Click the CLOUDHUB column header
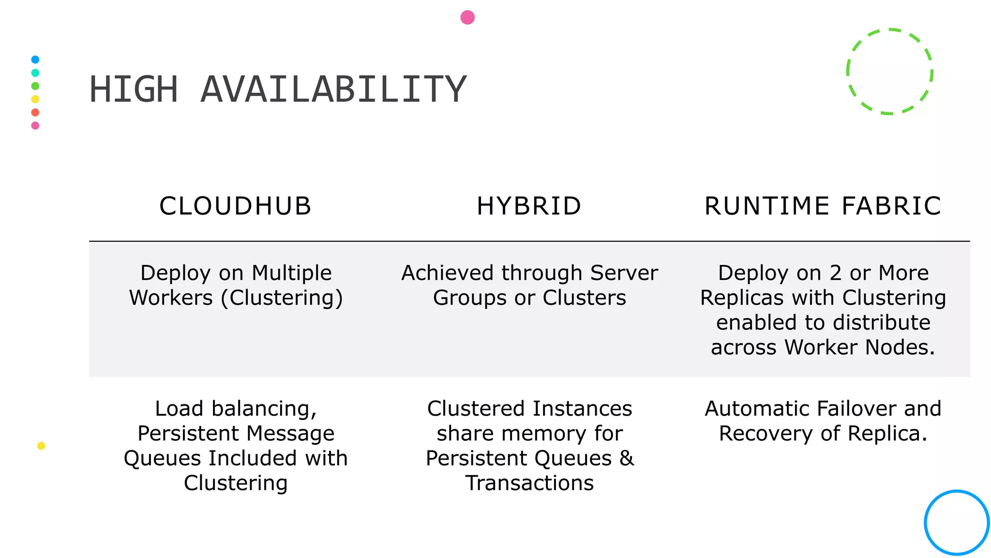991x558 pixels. coord(235,206)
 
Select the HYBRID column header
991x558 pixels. coord(529,206)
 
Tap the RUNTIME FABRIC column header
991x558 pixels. coord(823,206)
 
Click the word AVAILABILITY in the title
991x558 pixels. coord(333,90)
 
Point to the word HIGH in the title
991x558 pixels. coord(134,90)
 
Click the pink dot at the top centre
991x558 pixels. coord(467,17)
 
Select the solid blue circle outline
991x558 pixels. coord(957,492)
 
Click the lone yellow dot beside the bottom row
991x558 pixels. coord(42,446)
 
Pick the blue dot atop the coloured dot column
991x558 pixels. coord(35,60)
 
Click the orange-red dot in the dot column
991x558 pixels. coord(35,112)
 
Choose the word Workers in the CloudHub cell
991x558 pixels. coord(171,297)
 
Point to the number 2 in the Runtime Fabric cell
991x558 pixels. coord(836,273)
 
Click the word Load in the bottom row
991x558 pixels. coord(179,408)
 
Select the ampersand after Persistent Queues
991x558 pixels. coord(627,458)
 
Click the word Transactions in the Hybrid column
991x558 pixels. coord(529,483)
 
